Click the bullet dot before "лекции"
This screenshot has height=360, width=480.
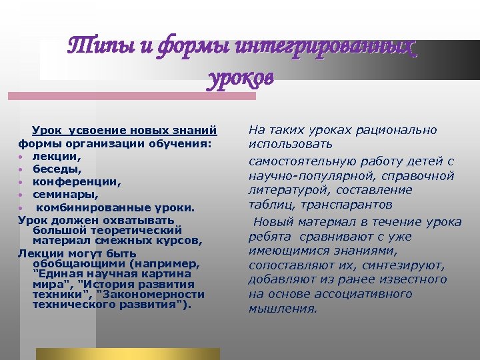click(22, 156)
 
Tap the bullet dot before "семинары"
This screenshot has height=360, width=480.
click(22, 195)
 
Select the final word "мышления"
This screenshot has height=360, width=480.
click(283, 309)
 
